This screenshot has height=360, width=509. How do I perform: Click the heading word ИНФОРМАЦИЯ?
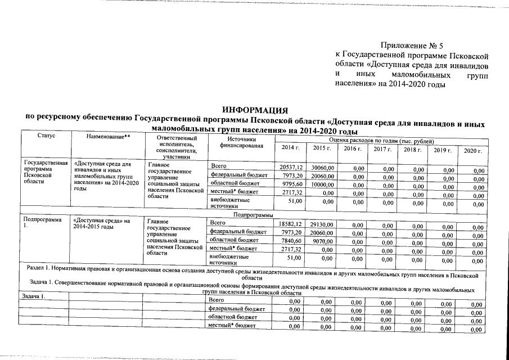(255, 109)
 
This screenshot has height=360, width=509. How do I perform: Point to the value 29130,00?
(323, 224)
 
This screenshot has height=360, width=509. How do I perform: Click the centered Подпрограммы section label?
(253, 215)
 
